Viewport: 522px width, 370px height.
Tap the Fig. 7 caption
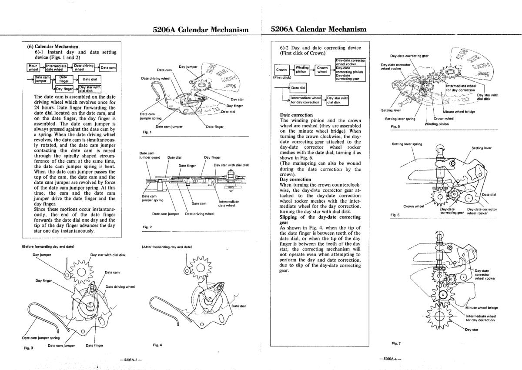click(x=396, y=343)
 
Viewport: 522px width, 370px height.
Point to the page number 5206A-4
click(x=390, y=360)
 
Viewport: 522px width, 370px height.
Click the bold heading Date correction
click(x=297, y=115)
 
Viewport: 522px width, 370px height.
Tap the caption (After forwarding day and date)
click(x=167, y=247)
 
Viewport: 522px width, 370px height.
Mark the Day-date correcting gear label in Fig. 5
click(x=409, y=56)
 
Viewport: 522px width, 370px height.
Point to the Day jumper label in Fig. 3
click(x=42, y=255)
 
